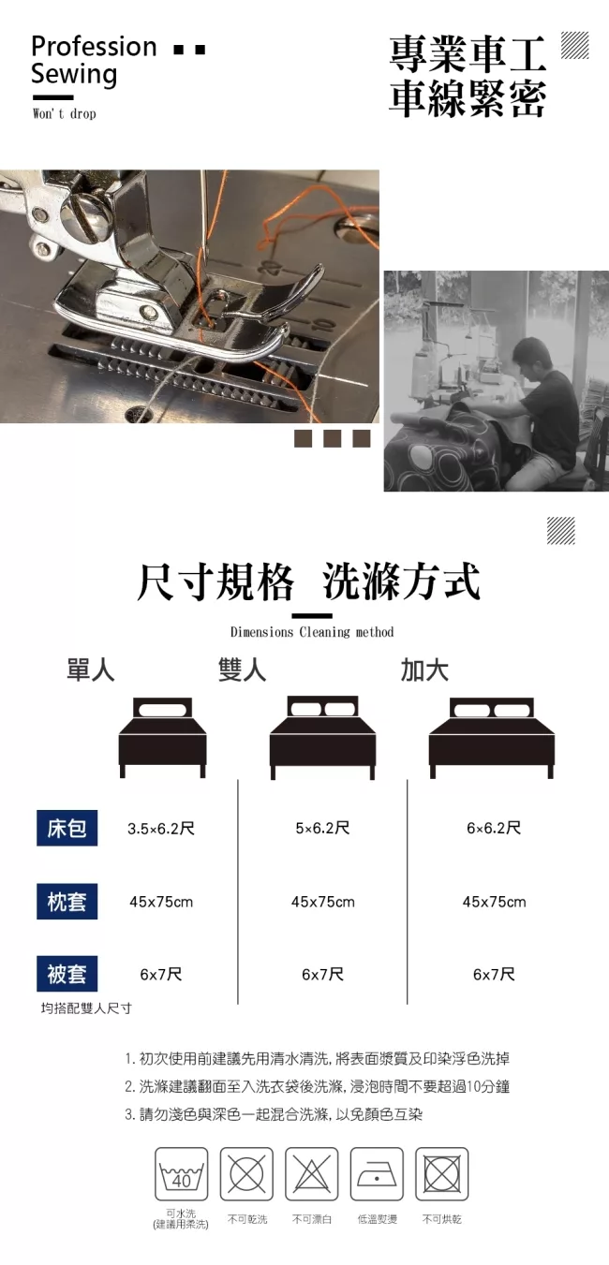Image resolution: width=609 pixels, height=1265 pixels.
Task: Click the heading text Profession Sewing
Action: (93, 61)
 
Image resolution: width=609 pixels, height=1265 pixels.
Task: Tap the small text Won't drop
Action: (65, 113)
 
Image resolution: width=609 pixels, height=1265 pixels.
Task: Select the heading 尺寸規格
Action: (215, 581)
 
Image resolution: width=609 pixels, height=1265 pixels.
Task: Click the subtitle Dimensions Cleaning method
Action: (312, 631)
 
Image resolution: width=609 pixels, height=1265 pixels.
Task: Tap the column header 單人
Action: (90, 670)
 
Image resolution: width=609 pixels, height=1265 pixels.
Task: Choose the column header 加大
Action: (424, 670)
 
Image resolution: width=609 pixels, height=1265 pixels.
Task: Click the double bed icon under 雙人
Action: (322, 737)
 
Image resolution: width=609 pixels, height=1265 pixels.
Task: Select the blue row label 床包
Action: (67, 828)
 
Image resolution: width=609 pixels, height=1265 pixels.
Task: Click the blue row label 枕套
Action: (67, 902)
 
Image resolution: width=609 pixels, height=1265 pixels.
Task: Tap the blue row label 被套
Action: (67, 974)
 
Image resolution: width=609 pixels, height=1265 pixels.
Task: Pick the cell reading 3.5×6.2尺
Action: (161, 829)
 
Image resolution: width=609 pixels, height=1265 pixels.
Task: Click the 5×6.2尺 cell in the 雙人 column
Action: (322, 828)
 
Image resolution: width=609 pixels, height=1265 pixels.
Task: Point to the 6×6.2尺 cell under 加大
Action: (494, 828)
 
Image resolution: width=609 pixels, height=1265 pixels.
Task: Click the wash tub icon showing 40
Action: (182, 1173)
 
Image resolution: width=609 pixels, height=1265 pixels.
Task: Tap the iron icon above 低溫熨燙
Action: (377, 1173)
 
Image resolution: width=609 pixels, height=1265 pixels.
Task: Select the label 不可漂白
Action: (312, 1219)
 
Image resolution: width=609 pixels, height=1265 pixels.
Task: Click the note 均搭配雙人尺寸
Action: (86, 1008)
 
